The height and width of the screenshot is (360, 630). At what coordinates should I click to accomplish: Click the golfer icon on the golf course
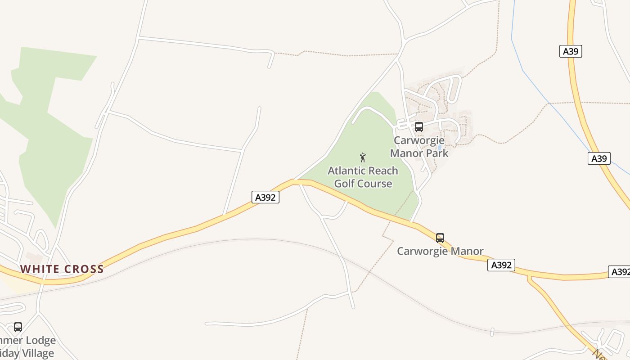coord(363,157)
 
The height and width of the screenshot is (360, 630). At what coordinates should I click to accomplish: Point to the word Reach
coord(382,171)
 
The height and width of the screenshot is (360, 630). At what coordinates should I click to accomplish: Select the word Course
coord(375,184)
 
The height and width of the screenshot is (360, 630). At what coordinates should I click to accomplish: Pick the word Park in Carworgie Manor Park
coord(436,153)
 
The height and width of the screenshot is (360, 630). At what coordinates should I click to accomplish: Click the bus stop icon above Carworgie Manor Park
coord(419,127)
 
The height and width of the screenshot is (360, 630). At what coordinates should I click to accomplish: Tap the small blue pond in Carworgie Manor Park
coord(439,147)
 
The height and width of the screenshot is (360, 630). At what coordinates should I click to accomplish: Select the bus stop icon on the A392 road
coord(440,238)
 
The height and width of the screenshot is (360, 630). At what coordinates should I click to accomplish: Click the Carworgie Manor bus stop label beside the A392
coord(440,251)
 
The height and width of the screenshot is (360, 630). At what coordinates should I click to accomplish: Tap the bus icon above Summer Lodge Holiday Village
coord(18,327)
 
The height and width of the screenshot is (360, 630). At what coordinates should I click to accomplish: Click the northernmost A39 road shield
coord(571,51)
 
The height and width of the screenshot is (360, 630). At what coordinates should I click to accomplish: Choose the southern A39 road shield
coord(599,158)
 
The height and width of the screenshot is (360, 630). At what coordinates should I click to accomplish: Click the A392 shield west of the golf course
coord(265,197)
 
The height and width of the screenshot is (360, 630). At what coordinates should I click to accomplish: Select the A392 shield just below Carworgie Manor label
coord(501,265)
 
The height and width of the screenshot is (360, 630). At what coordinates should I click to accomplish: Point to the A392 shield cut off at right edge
coord(620,272)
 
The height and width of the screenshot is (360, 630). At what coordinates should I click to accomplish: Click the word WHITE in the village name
coord(39,269)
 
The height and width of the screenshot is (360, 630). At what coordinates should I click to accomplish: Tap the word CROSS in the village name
coord(84,269)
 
